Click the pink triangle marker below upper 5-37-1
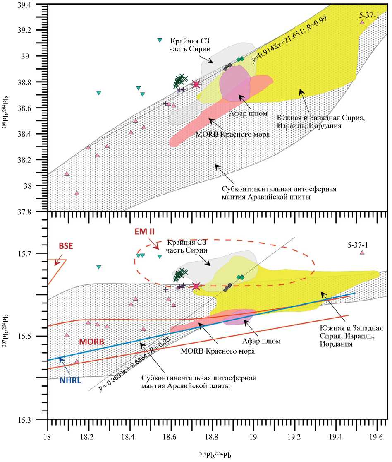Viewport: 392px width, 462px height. pos(362,22)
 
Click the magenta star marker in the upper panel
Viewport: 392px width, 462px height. pos(196,84)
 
